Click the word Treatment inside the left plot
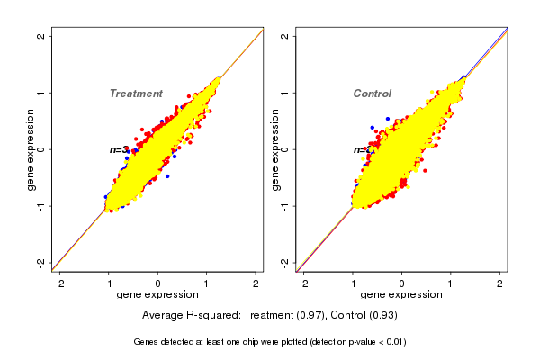136,94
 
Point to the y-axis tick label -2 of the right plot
285,262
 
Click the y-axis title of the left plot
31,149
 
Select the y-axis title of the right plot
275,149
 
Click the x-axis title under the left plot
157,295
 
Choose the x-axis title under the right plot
401,295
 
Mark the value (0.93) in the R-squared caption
381,316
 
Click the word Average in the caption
163,316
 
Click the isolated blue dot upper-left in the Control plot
388,119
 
